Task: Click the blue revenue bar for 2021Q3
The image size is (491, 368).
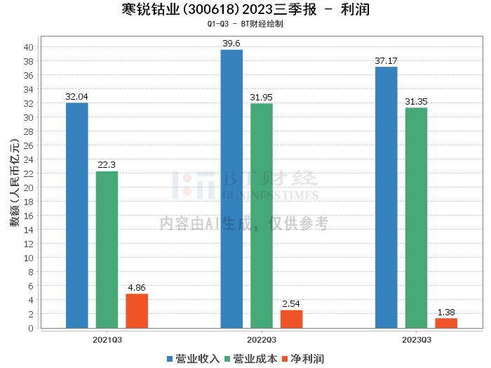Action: pos(77,216)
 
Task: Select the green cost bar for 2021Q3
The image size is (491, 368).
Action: pos(107,250)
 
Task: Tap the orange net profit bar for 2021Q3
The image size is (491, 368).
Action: pos(137,311)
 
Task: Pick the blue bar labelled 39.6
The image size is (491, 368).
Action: pos(231,189)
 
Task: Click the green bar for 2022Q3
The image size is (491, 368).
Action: pos(262,216)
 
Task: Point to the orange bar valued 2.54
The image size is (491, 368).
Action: pos(292,319)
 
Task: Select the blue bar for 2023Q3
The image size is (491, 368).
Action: pos(386,197)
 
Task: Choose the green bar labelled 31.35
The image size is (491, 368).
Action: pos(416,218)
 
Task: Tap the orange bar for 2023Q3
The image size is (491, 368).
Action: pos(446,323)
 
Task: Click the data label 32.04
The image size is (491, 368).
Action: pos(76,97)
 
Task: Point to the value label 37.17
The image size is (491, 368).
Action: pos(386,61)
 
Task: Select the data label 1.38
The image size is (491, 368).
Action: pos(446,313)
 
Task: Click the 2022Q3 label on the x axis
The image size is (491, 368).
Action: pos(262,340)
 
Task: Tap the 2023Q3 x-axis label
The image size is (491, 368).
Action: pos(417,340)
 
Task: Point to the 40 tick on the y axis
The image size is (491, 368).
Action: pos(29,47)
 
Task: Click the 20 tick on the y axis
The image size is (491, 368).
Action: pos(29,188)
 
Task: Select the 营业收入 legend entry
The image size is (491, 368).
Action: pos(193,359)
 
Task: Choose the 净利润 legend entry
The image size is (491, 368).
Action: pos(303,359)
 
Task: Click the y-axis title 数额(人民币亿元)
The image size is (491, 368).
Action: pos(15,183)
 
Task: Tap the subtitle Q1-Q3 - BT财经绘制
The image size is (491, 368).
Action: pos(245,24)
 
